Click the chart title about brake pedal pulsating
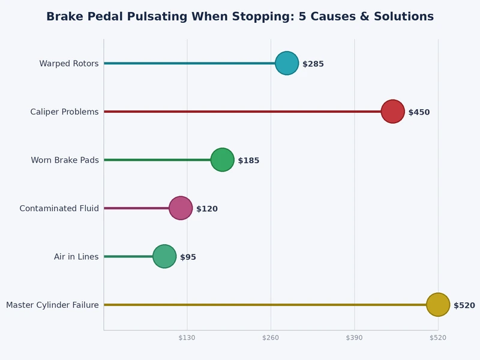(x=240, y=17)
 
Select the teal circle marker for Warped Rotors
(x=287, y=63)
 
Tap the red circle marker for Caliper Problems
(x=392, y=112)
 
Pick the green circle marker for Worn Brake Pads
(x=223, y=160)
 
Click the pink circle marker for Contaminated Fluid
(x=181, y=208)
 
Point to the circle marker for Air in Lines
(x=164, y=256)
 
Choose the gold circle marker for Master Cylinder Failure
(x=438, y=305)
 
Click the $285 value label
(x=313, y=64)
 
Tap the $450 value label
(x=419, y=112)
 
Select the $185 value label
(x=248, y=161)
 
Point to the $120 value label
(x=206, y=209)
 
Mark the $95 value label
(x=188, y=257)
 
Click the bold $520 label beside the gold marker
(x=464, y=305)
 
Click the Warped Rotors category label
(x=69, y=64)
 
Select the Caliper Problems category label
(x=64, y=112)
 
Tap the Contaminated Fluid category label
(x=59, y=209)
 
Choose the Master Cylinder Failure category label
(x=52, y=305)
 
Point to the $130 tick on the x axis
(x=187, y=338)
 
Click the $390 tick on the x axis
(x=354, y=338)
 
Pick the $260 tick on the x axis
(x=271, y=338)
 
